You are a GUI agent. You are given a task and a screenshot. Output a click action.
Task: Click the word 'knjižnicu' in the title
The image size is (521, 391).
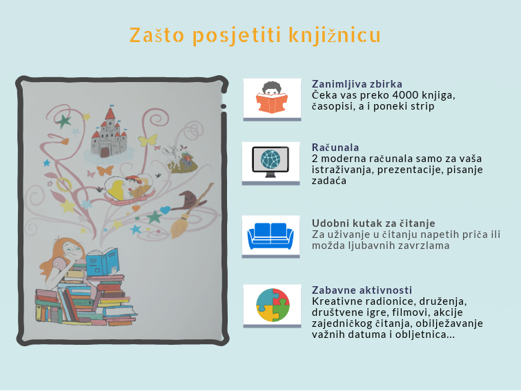coord(335,35)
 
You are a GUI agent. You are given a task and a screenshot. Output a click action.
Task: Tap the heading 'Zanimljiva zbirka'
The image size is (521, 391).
coord(357,84)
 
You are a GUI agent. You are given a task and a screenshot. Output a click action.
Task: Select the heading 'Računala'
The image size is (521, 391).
coord(335,147)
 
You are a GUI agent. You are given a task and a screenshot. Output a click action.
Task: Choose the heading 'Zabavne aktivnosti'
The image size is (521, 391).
coord(362,290)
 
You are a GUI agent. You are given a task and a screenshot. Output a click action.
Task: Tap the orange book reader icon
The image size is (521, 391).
coord(272,98)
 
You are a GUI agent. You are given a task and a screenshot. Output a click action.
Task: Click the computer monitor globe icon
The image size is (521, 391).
coord(271,161)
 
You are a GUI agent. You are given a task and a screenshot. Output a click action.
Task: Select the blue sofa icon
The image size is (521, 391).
coord(271,235)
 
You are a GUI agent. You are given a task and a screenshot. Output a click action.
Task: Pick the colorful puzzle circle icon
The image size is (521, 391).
coord(273,305)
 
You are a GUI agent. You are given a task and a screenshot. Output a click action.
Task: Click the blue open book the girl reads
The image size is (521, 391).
coord(102,262)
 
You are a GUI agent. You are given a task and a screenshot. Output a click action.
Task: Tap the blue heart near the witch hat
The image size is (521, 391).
coord(165,210)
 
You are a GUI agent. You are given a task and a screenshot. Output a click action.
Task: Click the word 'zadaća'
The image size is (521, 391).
coord(329,181)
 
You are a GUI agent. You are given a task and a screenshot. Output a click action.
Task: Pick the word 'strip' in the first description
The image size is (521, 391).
coord(423,107)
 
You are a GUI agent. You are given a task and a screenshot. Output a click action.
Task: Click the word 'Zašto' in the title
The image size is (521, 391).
coord(157,35)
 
